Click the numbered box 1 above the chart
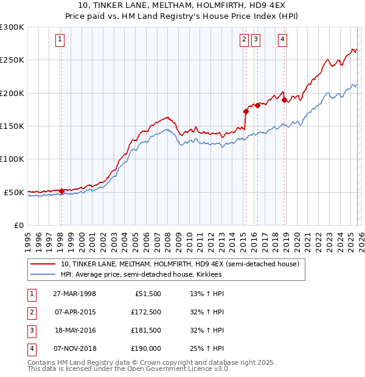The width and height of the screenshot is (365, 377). point(61,40)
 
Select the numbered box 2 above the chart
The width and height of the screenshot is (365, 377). point(244,40)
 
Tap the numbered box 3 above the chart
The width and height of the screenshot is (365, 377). point(255,40)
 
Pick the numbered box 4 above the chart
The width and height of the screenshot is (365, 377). point(283,40)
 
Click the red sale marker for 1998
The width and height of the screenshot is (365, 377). point(61,191)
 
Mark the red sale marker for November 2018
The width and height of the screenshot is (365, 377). point(284,100)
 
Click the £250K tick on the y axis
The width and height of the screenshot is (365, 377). point(12,60)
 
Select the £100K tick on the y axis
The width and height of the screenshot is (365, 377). point(12,159)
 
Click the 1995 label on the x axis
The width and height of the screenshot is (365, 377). point(29,239)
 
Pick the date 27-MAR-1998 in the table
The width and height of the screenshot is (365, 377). point(74,294)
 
